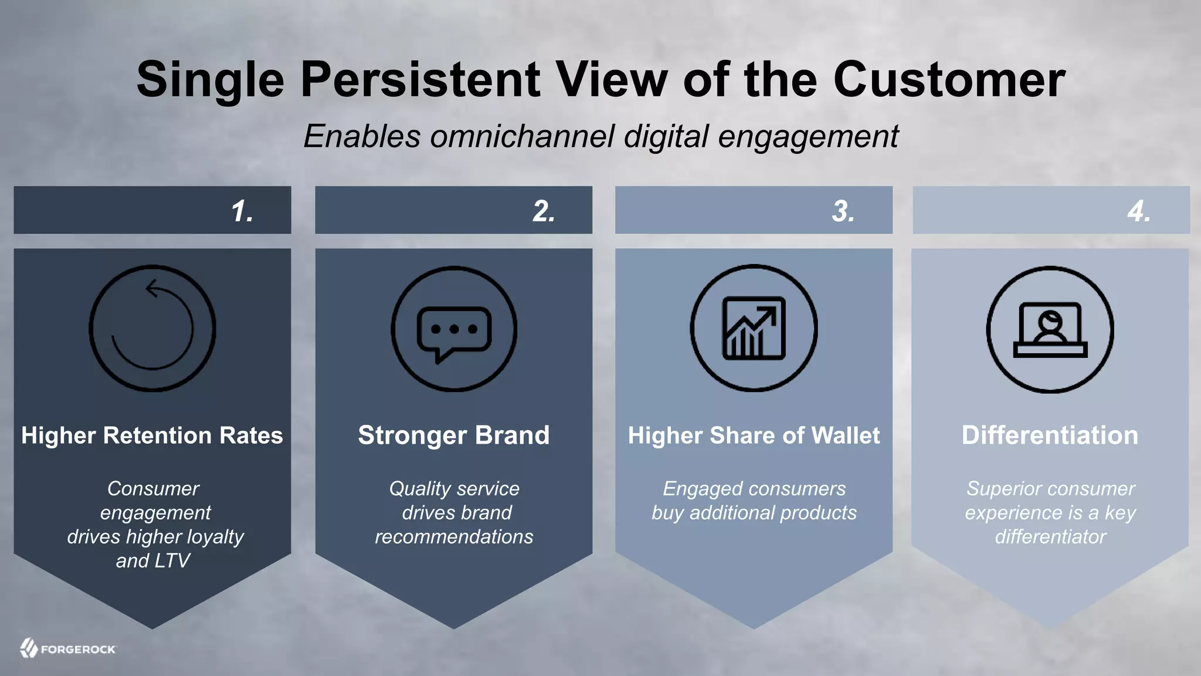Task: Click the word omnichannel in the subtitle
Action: pos(522,136)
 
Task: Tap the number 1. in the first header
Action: pos(242,211)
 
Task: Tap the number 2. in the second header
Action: pos(544,211)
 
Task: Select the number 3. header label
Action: pos(843,211)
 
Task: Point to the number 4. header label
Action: pos(1139,211)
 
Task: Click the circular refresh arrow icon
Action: pos(152,329)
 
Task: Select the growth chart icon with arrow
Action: pos(754,328)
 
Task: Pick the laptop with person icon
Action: pos(1050,329)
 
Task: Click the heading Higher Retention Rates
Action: pos(152,435)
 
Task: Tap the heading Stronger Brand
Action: pos(454,435)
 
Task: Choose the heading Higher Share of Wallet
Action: pos(754,435)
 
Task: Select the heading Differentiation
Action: pos(1050,435)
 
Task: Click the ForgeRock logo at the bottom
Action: pos(68,649)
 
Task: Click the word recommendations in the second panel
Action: pos(454,537)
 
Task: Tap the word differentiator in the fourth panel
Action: pos(1050,537)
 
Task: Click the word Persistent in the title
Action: pos(420,79)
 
